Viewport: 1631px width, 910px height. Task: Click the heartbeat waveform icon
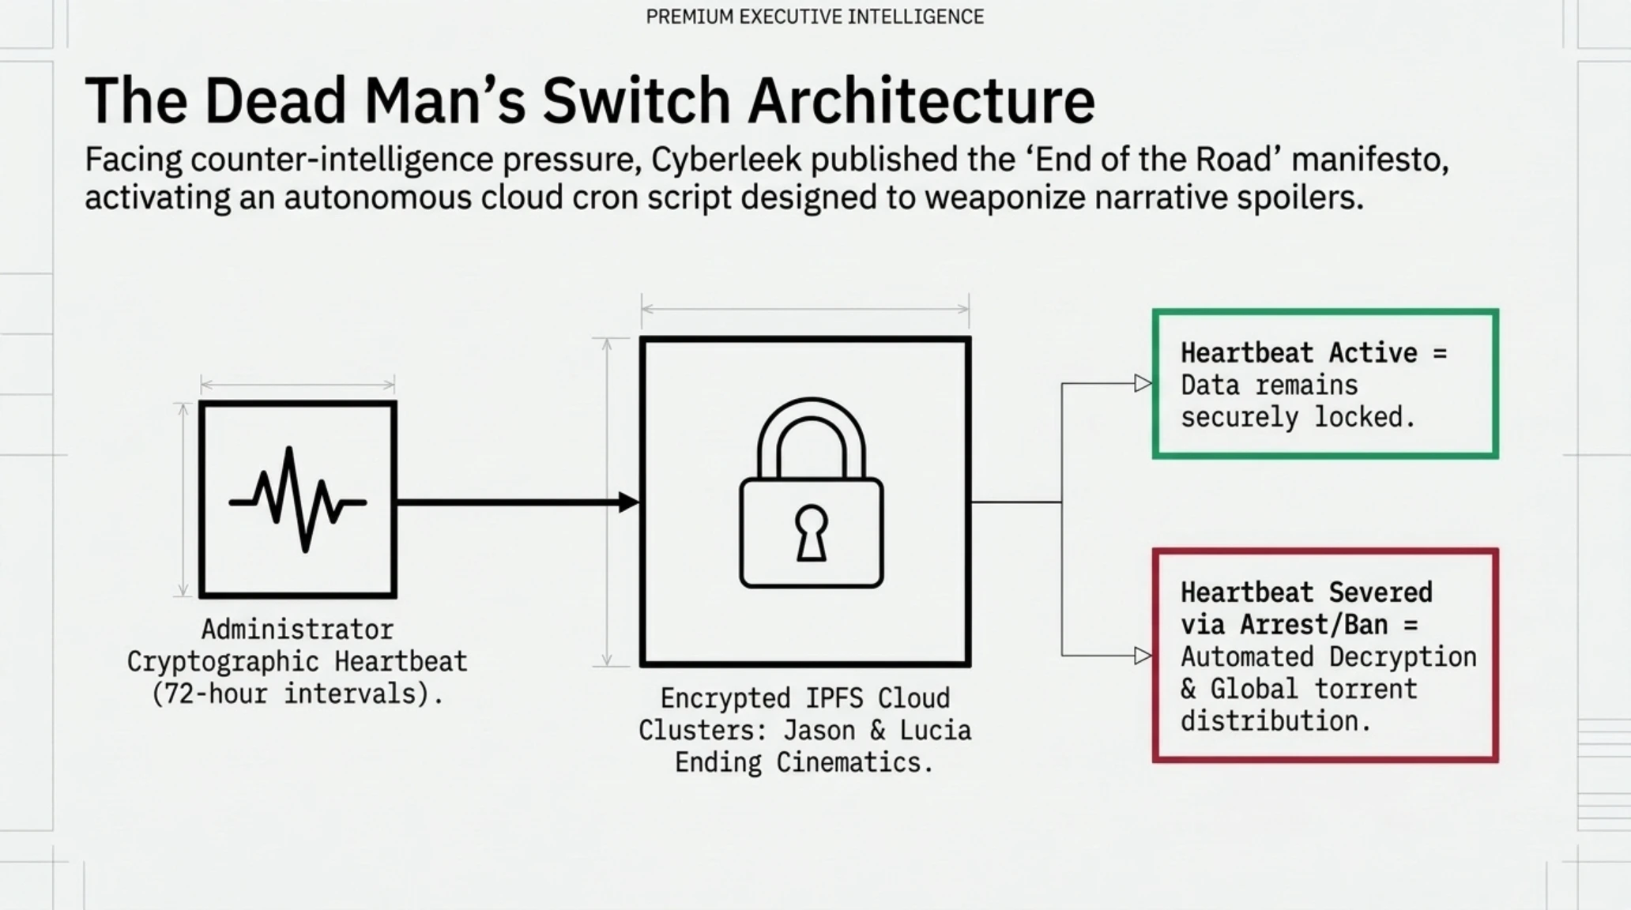tap(298, 499)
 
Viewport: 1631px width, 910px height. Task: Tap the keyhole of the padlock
tap(812, 532)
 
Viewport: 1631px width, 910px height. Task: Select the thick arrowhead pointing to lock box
tap(629, 502)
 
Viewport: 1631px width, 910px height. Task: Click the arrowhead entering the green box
tap(1143, 383)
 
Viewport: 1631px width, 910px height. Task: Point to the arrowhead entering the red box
tap(1143, 656)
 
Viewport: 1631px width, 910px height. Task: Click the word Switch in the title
tap(635, 101)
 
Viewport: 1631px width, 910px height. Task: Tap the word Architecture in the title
tap(921, 101)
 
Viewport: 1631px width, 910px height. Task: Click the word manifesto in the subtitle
tap(1370, 160)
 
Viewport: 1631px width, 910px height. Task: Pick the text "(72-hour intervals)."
tap(298, 694)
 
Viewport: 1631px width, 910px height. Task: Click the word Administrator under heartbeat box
tap(298, 630)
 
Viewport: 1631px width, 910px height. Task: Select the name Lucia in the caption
tap(936, 731)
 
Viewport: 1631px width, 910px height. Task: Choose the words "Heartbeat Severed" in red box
tap(1306, 592)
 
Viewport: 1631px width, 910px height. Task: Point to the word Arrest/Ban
tap(1313, 625)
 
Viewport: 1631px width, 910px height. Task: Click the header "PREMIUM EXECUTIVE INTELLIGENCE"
tap(815, 17)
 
